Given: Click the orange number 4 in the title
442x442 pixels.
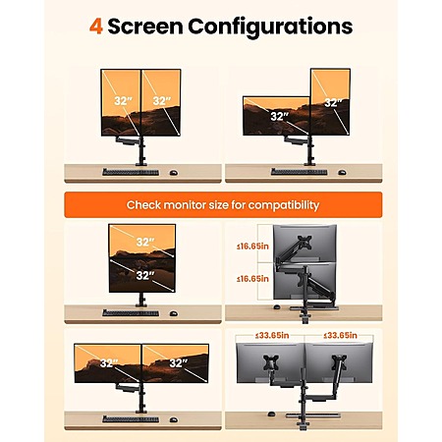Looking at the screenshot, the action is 96,27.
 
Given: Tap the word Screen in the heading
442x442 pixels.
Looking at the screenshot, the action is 145,27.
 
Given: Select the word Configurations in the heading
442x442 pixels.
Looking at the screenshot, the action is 270,27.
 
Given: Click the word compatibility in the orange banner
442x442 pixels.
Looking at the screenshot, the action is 284,205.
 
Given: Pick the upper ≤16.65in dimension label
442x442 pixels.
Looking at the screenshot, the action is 252,247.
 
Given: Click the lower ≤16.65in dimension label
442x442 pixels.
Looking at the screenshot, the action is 252,279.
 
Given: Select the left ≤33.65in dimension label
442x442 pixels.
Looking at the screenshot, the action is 272,335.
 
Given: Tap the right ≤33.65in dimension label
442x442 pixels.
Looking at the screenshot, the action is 340,335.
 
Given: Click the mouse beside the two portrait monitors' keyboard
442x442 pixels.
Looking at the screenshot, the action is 174,173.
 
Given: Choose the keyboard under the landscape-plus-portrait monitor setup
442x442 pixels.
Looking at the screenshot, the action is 299,172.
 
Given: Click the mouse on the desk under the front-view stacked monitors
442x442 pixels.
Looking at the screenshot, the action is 174,313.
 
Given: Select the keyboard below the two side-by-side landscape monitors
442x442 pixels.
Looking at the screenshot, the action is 131,419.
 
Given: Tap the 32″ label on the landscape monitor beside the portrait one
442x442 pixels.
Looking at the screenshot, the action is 280,116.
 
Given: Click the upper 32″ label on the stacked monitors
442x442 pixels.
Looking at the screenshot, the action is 145,243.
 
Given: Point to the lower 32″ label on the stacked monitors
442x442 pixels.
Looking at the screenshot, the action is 145,276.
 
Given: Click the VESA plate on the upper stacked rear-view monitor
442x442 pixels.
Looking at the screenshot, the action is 304,243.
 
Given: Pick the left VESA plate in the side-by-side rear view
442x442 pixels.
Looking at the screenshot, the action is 271,362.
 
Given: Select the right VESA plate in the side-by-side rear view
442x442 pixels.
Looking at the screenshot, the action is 339,362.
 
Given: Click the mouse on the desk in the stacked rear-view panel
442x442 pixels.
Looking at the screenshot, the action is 277,307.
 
